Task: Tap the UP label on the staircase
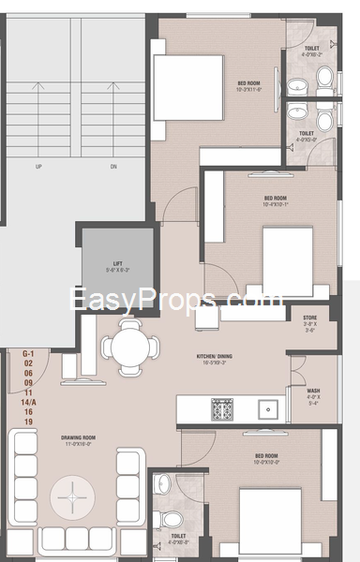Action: [38, 168]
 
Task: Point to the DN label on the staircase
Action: [112, 168]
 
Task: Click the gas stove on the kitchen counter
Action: [223, 408]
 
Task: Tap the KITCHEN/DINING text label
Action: [214, 358]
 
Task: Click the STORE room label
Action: [309, 318]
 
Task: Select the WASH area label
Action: [312, 392]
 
